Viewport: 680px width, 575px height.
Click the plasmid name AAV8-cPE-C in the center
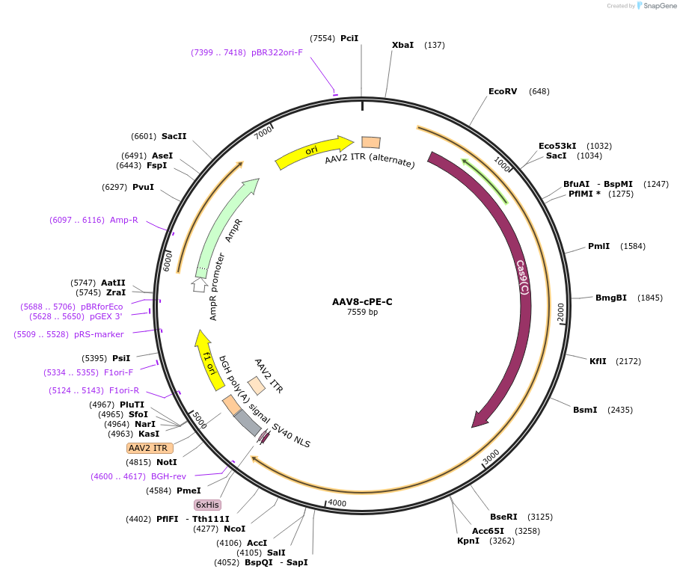click(362, 301)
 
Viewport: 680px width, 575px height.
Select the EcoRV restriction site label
click(503, 91)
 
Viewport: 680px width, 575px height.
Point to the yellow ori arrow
click(313, 151)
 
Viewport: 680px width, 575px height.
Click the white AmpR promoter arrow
click(199, 284)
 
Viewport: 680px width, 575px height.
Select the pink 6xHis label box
click(207, 505)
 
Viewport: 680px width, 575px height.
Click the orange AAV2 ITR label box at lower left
click(150, 448)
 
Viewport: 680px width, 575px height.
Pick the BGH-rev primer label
click(169, 476)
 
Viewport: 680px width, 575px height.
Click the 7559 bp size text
click(362, 312)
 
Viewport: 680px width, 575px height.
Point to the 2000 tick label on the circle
click(561, 313)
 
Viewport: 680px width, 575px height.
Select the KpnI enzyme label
click(468, 541)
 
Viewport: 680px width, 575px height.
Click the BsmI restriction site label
click(585, 410)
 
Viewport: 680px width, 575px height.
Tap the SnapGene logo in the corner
click(658, 6)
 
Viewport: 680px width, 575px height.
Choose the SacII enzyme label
click(174, 136)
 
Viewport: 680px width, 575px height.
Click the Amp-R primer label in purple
click(124, 220)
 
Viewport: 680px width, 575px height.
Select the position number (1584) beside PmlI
click(633, 246)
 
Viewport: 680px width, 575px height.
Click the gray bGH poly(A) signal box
click(247, 422)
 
